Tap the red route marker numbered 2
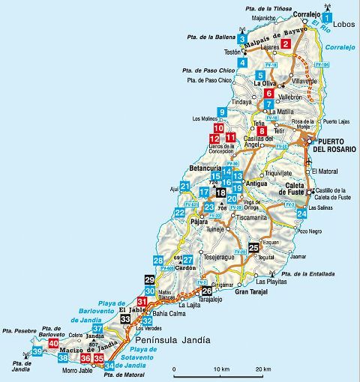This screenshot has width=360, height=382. [286, 44]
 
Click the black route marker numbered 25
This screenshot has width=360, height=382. [253, 247]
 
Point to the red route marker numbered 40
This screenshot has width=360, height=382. [52, 344]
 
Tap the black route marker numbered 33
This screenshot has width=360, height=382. [125, 319]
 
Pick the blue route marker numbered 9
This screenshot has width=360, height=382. [221, 112]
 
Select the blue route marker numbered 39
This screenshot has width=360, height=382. [37, 352]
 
